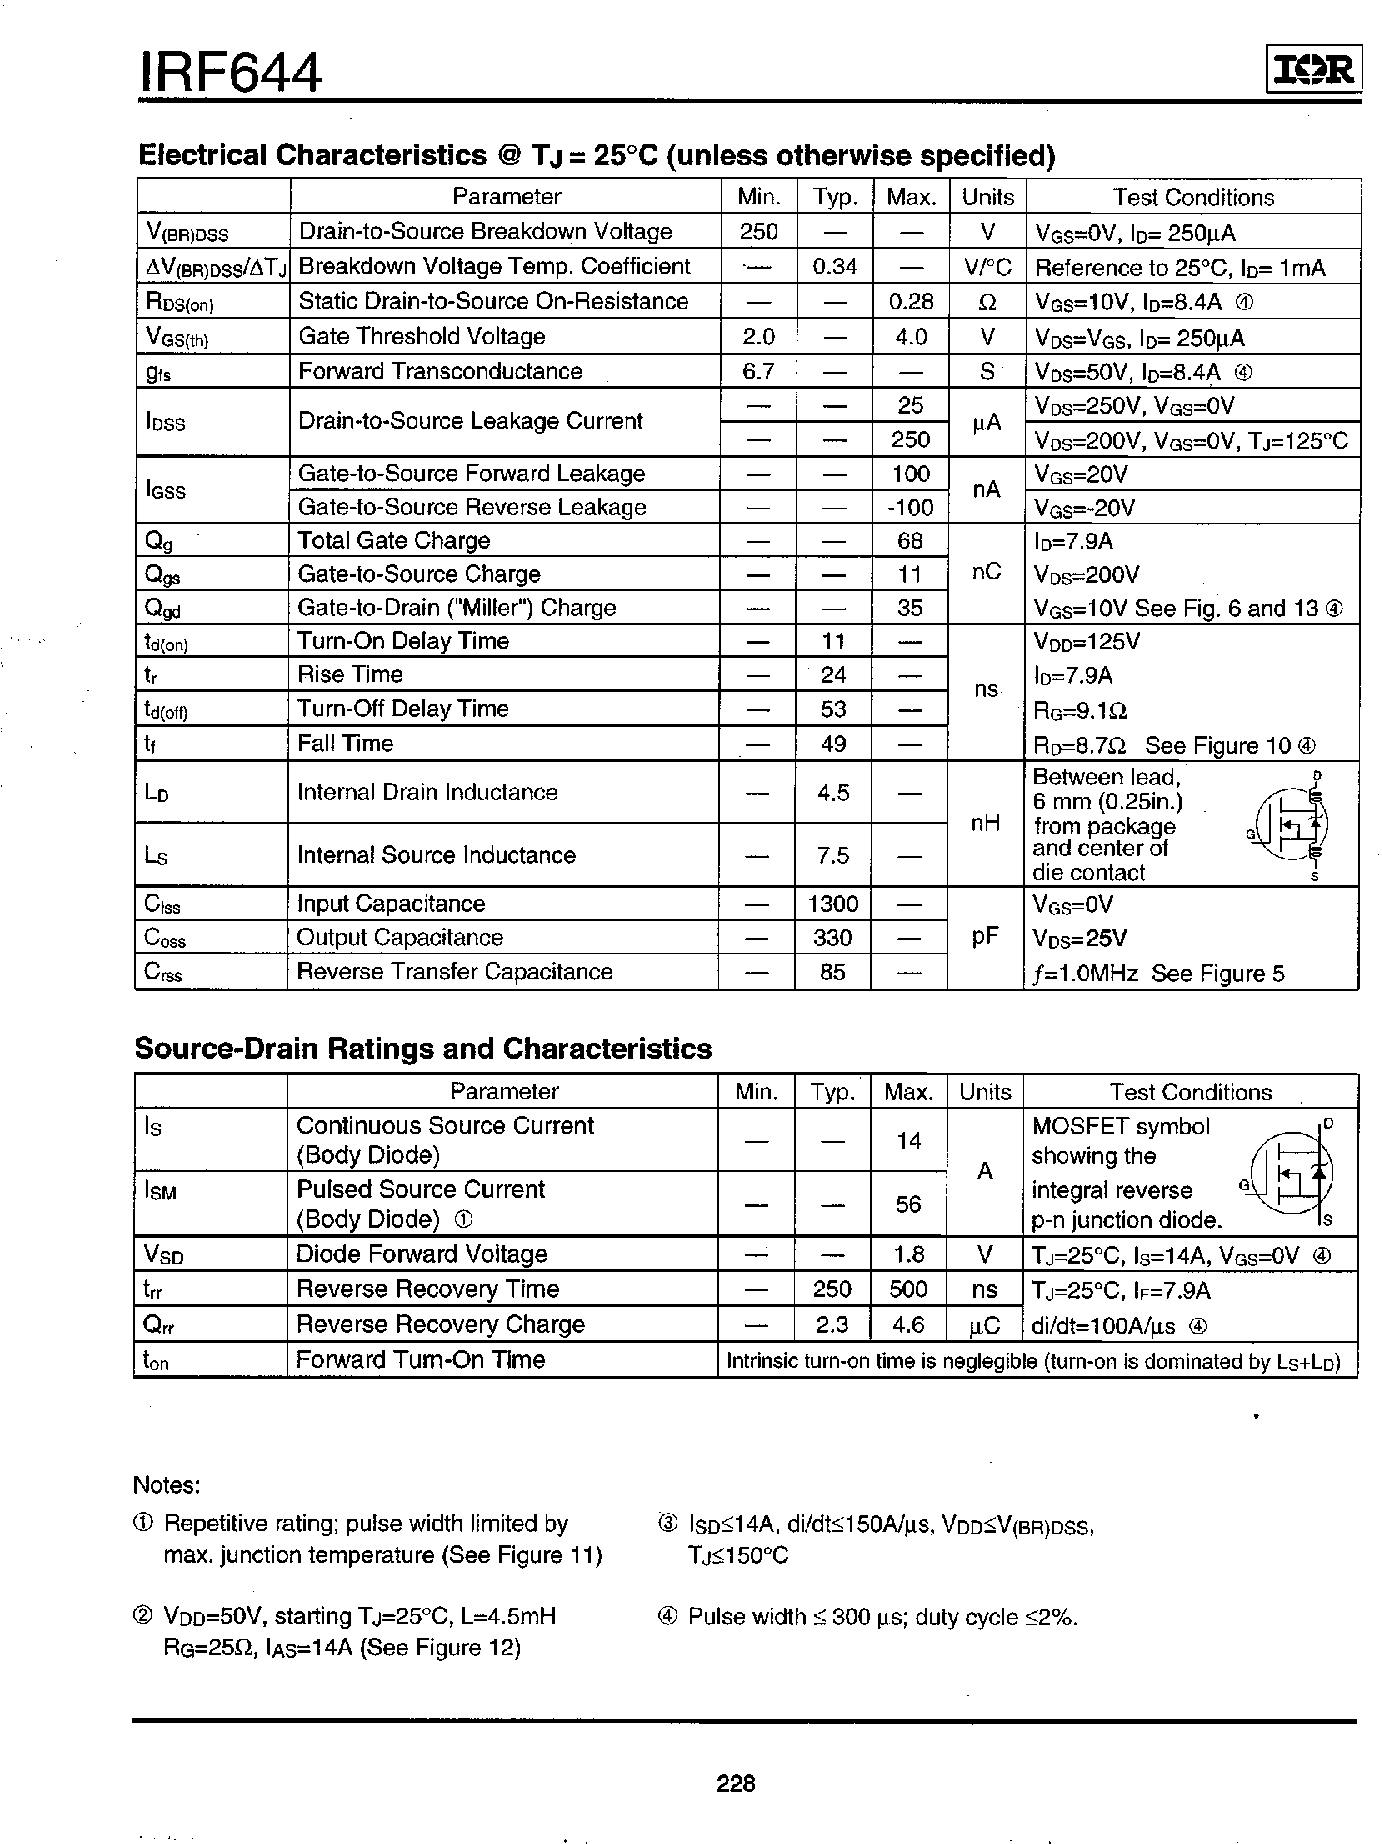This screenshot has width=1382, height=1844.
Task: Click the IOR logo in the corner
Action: click(x=1314, y=70)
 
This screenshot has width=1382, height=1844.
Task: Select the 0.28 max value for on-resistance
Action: click(x=909, y=302)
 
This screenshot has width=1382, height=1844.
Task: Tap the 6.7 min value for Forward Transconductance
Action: click(x=758, y=371)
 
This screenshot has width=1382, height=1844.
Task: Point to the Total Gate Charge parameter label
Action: click(x=394, y=541)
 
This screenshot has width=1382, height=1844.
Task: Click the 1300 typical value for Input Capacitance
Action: click(x=832, y=904)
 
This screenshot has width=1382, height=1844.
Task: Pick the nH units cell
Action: click(x=985, y=823)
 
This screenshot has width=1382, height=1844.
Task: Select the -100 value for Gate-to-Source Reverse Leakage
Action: click(x=909, y=507)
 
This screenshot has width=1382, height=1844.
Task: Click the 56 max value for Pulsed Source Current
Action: click(x=908, y=1204)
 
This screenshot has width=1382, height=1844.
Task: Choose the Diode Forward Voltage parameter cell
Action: click(x=421, y=1254)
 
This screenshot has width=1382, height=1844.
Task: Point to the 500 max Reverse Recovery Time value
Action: click(x=908, y=1289)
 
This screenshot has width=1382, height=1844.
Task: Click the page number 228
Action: click(x=736, y=1782)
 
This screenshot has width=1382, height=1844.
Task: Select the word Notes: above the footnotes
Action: click(x=167, y=1485)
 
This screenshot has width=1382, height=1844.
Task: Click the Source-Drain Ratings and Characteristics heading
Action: click(x=423, y=1048)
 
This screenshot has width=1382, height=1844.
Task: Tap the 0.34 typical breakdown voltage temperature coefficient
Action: click(x=834, y=267)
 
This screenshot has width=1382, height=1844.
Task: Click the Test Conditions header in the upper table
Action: click(x=1193, y=197)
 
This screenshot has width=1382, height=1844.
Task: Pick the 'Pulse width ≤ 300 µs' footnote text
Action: click(x=882, y=1617)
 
